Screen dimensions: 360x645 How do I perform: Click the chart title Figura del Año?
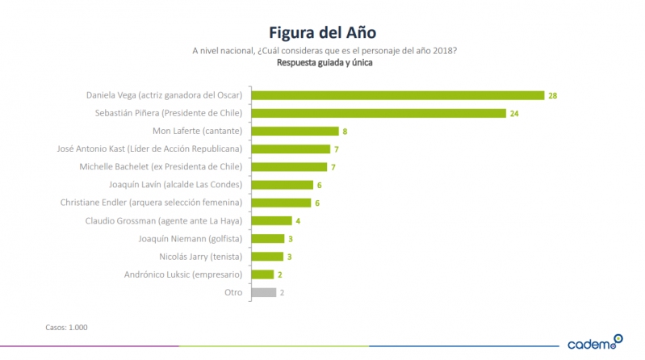point(323,31)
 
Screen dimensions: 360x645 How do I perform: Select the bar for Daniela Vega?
point(398,95)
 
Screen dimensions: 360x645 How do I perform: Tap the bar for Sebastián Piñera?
point(379,113)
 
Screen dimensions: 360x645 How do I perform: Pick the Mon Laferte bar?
point(295,131)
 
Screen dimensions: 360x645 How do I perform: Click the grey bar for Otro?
point(264,292)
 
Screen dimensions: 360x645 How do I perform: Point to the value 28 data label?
point(553,95)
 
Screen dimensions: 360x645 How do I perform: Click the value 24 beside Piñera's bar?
point(514,113)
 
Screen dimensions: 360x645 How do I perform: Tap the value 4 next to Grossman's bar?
point(297,220)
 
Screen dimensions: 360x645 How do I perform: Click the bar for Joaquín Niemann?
point(268,238)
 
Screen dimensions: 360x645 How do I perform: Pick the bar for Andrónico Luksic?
point(264,274)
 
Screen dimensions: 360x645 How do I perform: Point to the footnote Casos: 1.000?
point(66,327)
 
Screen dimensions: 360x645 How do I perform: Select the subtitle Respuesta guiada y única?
point(323,63)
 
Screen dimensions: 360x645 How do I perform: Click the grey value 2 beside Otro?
point(282,292)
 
